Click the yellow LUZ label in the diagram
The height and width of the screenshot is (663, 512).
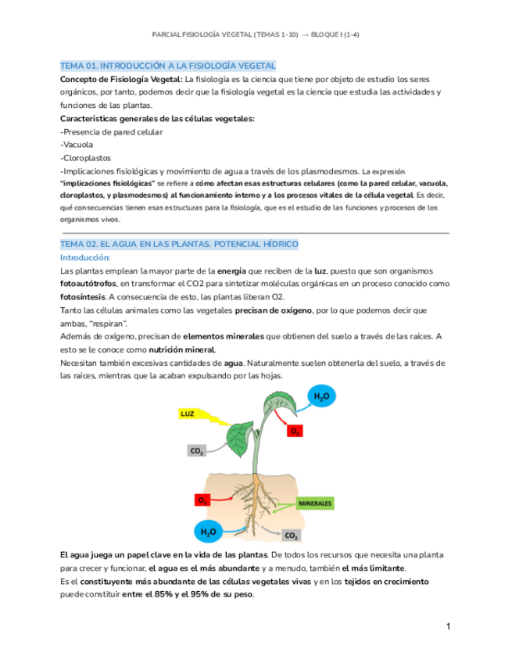click(188, 414)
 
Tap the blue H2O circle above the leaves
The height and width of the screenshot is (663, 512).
click(321, 397)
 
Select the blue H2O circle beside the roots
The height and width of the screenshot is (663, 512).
click(208, 533)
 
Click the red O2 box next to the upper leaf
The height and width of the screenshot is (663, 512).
click(295, 431)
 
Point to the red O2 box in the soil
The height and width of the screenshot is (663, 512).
click(202, 500)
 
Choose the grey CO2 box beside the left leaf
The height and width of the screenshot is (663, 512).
click(197, 451)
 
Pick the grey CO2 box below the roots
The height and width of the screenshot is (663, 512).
click(291, 536)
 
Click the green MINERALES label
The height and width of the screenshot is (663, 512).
click(315, 504)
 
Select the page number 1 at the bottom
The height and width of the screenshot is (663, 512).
click(448, 626)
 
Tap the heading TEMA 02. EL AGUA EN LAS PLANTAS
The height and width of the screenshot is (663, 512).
click(179, 245)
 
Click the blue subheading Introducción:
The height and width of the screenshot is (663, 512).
click(85, 257)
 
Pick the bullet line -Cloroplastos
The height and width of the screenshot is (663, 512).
click(84, 157)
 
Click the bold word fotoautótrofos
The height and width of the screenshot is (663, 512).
click(88, 284)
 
